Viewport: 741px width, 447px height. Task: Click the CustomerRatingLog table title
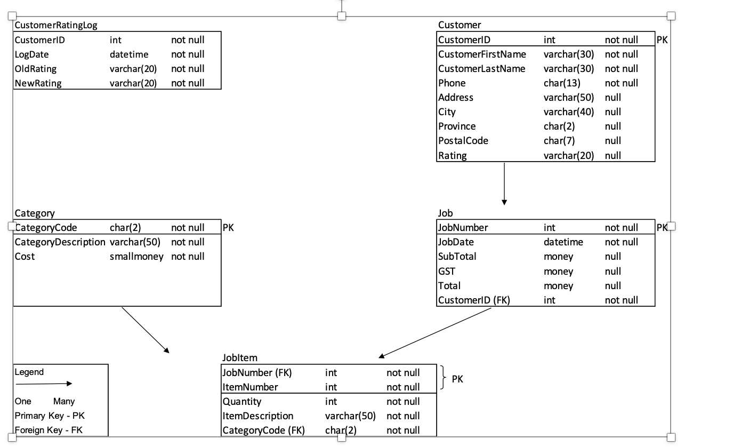[x=56, y=25]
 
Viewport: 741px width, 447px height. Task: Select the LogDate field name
[x=32, y=54]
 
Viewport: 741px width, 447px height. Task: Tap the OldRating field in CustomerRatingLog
[x=36, y=69]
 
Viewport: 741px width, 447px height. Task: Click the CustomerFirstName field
[x=482, y=54]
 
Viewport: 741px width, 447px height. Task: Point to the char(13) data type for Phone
[x=562, y=83]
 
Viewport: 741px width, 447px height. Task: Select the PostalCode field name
[x=463, y=141]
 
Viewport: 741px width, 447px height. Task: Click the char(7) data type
[x=559, y=141]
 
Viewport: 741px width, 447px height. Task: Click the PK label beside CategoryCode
[x=228, y=228]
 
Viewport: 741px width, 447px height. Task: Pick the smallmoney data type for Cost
[x=136, y=257]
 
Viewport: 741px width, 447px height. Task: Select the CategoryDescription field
[x=60, y=242]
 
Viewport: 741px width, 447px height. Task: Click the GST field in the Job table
[x=447, y=271]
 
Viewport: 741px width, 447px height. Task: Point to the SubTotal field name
[x=457, y=257]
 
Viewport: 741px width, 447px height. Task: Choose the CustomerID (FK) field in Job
[x=474, y=300]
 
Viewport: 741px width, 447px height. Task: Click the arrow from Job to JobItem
[x=435, y=333]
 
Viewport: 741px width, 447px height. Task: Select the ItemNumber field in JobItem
[x=250, y=387]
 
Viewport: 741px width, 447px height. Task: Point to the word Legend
[x=29, y=372]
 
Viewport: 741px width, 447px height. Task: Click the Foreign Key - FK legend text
[x=49, y=430]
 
